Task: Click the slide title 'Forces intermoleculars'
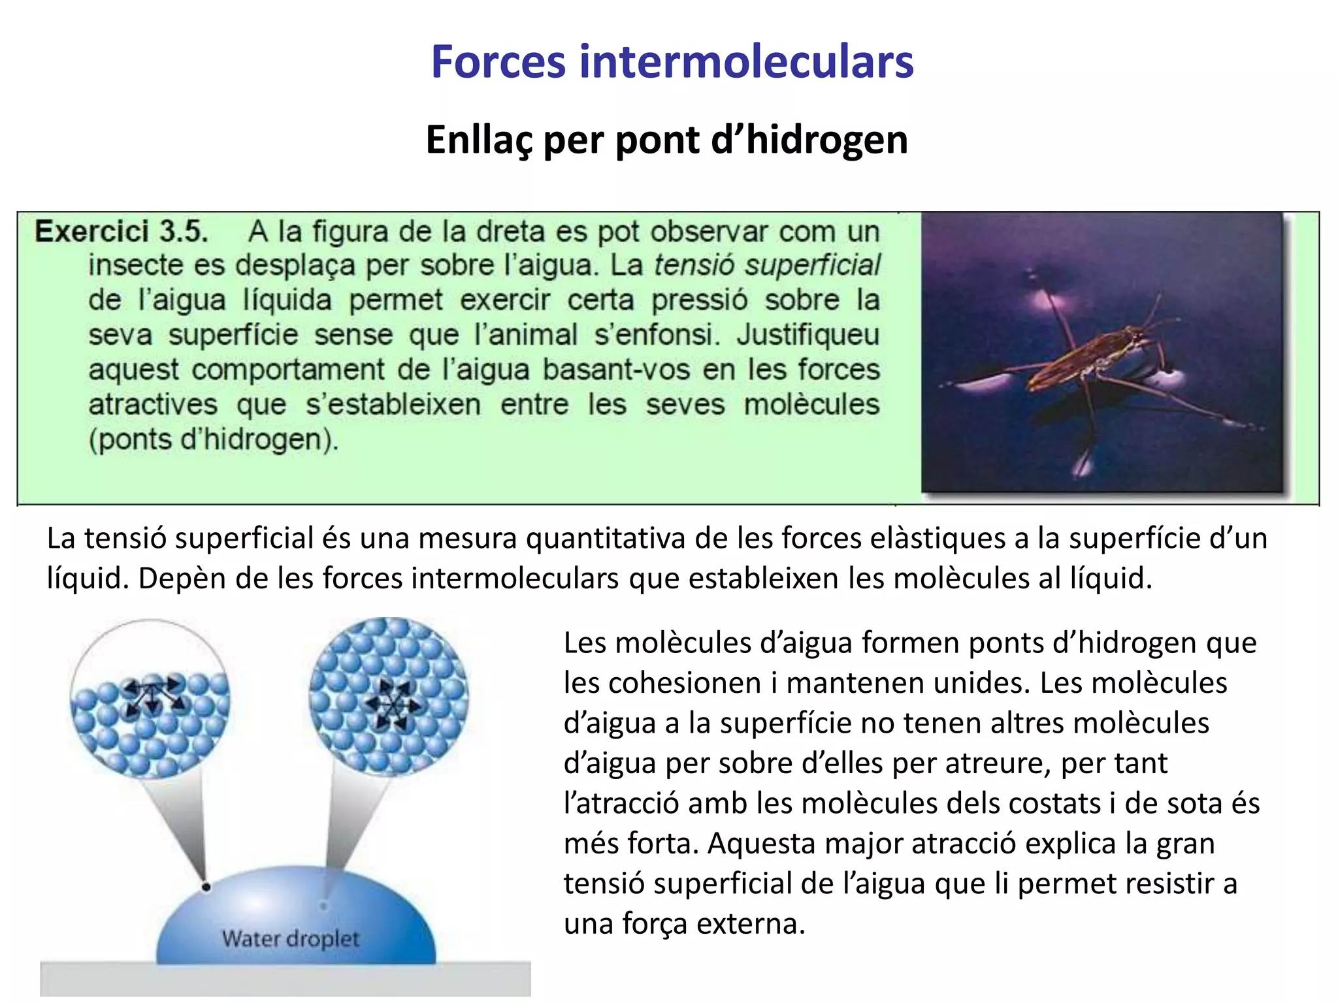coord(672,62)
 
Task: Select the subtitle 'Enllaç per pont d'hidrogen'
coord(666,140)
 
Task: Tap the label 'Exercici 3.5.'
coord(122,232)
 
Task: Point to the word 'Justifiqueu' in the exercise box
coord(808,335)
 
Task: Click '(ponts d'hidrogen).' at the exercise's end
coord(214,439)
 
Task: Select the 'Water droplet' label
coord(291,939)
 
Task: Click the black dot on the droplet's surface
coord(206,887)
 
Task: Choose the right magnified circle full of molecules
coord(389,697)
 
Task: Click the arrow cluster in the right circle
coord(393,704)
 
